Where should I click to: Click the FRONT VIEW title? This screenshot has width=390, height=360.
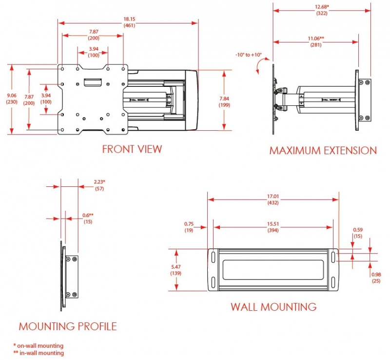(x=132, y=149)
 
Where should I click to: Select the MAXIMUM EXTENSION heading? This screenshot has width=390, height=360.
(x=323, y=150)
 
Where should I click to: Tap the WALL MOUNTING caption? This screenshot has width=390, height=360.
(x=273, y=307)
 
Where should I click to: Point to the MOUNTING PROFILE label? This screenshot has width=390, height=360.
(x=68, y=326)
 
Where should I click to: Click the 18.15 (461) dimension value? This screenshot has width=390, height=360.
(x=129, y=22)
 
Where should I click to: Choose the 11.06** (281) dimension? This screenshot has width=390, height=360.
(x=316, y=41)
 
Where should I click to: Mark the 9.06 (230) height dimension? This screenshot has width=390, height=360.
(x=10, y=99)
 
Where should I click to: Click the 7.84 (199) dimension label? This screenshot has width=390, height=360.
(x=225, y=101)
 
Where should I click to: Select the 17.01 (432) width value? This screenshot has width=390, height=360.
(x=273, y=200)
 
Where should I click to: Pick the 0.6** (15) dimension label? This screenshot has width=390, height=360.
(x=87, y=218)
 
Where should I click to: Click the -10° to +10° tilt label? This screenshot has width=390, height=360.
(x=248, y=55)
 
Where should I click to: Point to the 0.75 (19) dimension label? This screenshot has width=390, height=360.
(x=189, y=227)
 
